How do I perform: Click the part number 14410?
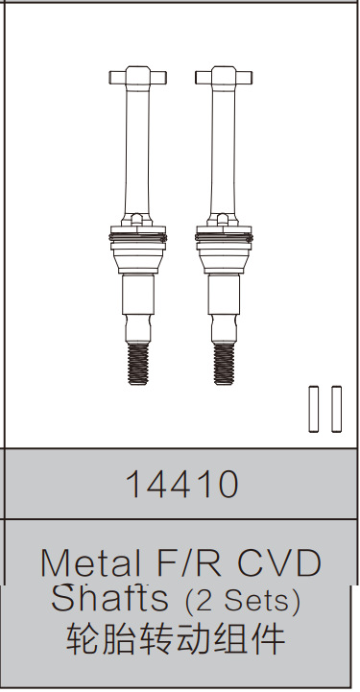[x=180, y=486]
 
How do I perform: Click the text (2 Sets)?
[x=243, y=601]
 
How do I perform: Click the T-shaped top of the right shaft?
[x=223, y=75]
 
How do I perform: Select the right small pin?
[x=336, y=409]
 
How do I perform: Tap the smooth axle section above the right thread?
[x=223, y=302]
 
